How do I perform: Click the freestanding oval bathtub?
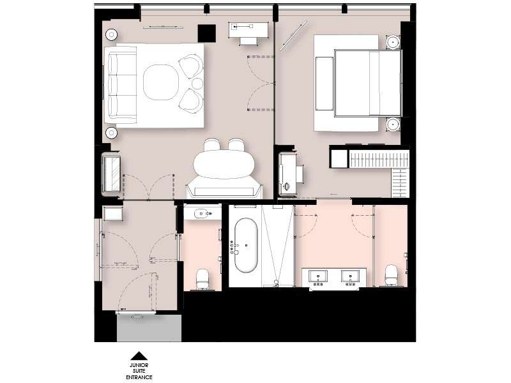pos(246,245)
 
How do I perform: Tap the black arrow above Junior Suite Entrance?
pos(139,356)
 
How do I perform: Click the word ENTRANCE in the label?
pos(139,377)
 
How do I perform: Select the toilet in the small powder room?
pos(202,279)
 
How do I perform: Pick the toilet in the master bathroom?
pos(391,275)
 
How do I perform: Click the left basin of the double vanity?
pos(318,276)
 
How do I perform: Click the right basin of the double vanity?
pos(350,276)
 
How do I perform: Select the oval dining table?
pos(224,164)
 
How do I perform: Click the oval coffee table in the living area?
pos(161,82)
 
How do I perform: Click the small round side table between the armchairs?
pos(197,84)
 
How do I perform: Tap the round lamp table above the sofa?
pos(111,34)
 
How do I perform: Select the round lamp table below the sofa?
pos(111,133)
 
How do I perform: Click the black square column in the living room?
pos(206,33)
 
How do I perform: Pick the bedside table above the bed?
pos(393,42)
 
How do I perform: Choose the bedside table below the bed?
pos(393,124)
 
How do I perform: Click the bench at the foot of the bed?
pos(324,84)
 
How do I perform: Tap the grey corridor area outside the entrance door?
pos(149,328)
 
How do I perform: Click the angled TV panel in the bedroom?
pos(293,36)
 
